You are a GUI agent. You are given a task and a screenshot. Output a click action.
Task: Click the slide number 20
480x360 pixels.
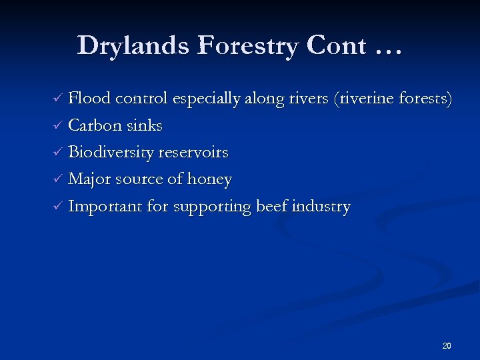pos(447,346)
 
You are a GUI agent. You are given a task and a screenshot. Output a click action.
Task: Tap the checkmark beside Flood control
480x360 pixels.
pos(58,99)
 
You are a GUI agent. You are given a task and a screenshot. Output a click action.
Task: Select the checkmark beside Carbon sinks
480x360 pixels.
pos(58,126)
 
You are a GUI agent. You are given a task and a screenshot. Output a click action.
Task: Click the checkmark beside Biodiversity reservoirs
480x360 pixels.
pos(58,153)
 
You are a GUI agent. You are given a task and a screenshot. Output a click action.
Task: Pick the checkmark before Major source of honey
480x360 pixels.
pos(58,180)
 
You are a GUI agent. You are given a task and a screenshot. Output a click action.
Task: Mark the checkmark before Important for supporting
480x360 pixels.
pos(58,207)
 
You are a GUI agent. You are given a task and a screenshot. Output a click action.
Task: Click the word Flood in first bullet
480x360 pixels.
pos(89,99)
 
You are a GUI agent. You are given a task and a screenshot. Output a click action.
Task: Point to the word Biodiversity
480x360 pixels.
pos(111,153)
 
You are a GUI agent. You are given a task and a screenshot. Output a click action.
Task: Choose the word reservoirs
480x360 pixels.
pos(193,153)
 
